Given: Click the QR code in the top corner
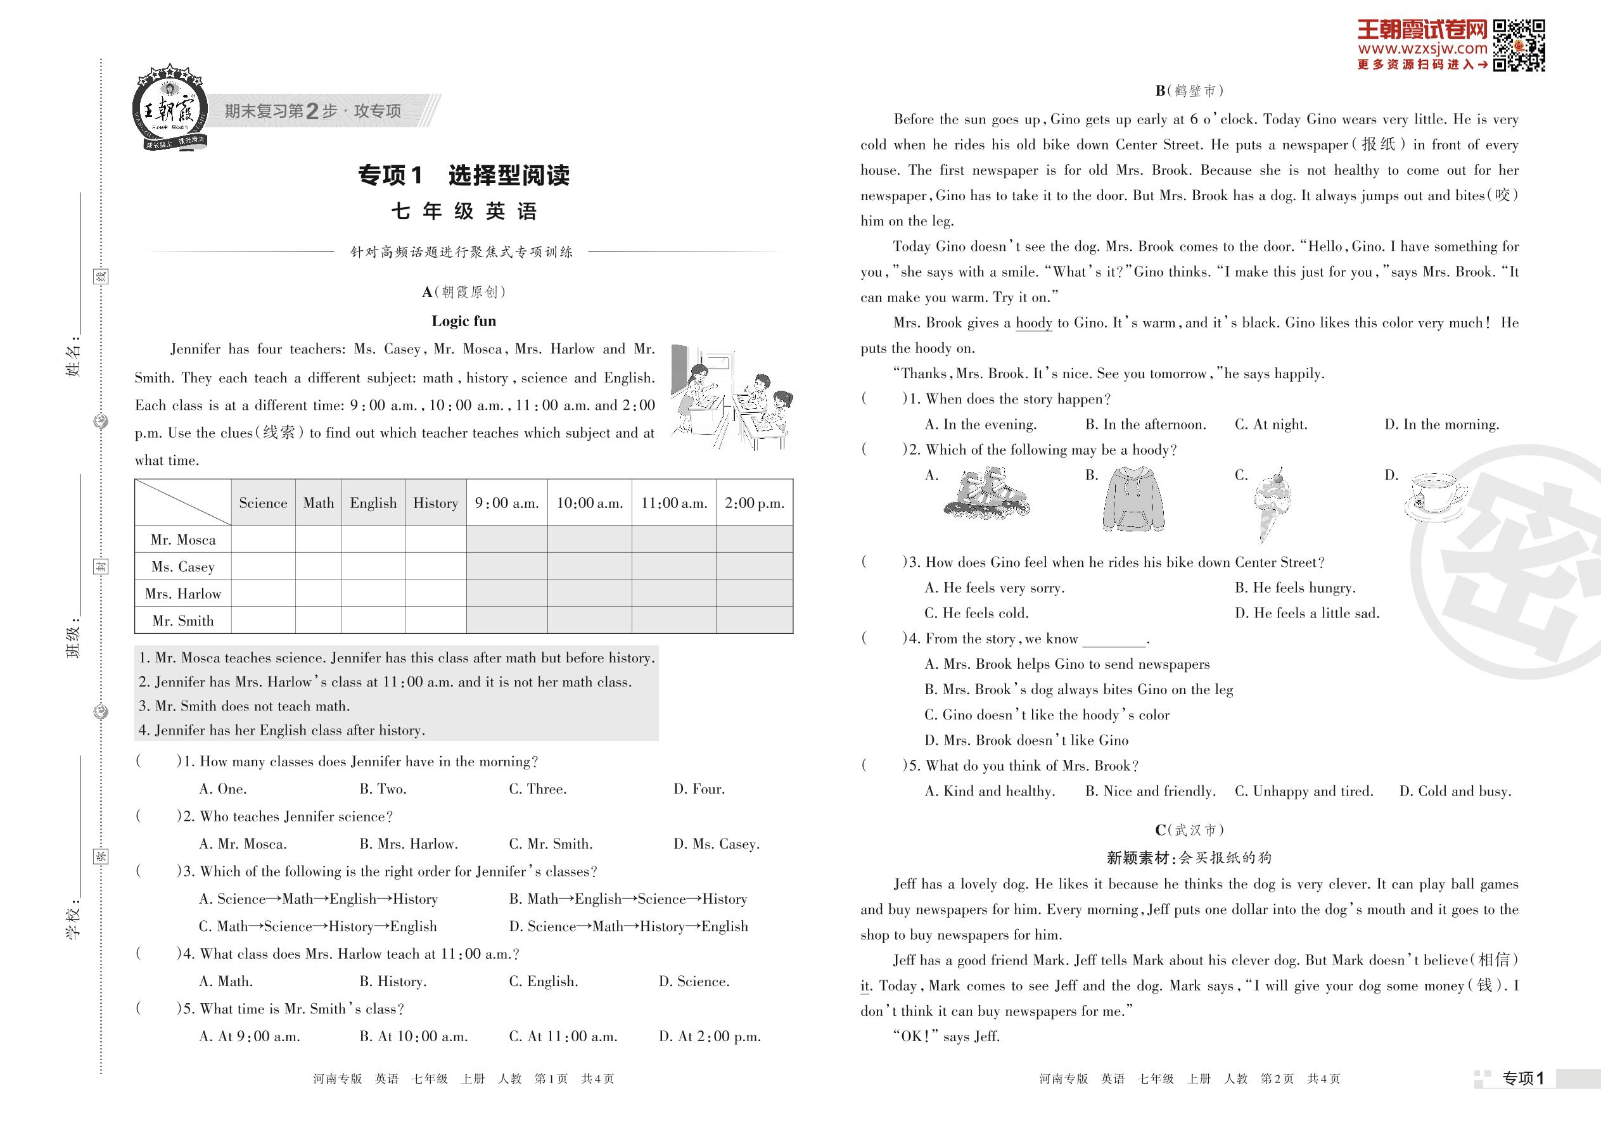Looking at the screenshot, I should (x=1518, y=46).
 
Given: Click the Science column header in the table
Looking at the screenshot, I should (x=262, y=503).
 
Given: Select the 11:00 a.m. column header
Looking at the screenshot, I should (x=673, y=503).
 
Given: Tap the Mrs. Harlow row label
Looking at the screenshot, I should (x=183, y=593).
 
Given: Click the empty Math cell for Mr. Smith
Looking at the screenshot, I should (x=318, y=620).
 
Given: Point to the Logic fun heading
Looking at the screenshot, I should (x=463, y=321).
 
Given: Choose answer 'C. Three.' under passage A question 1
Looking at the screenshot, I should (x=537, y=789).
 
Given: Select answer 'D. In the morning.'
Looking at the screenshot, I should (x=1441, y=424).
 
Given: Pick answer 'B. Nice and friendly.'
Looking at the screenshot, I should (x=1150, y=791).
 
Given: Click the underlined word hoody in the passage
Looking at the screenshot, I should (x=1033, y=323).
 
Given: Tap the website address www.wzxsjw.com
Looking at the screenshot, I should (x=1422, y=49).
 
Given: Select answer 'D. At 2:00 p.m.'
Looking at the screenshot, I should (x=709, y=1037).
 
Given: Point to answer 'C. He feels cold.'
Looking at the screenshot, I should (x=976, y=613).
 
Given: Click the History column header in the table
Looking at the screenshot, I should (x=435, y=503).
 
